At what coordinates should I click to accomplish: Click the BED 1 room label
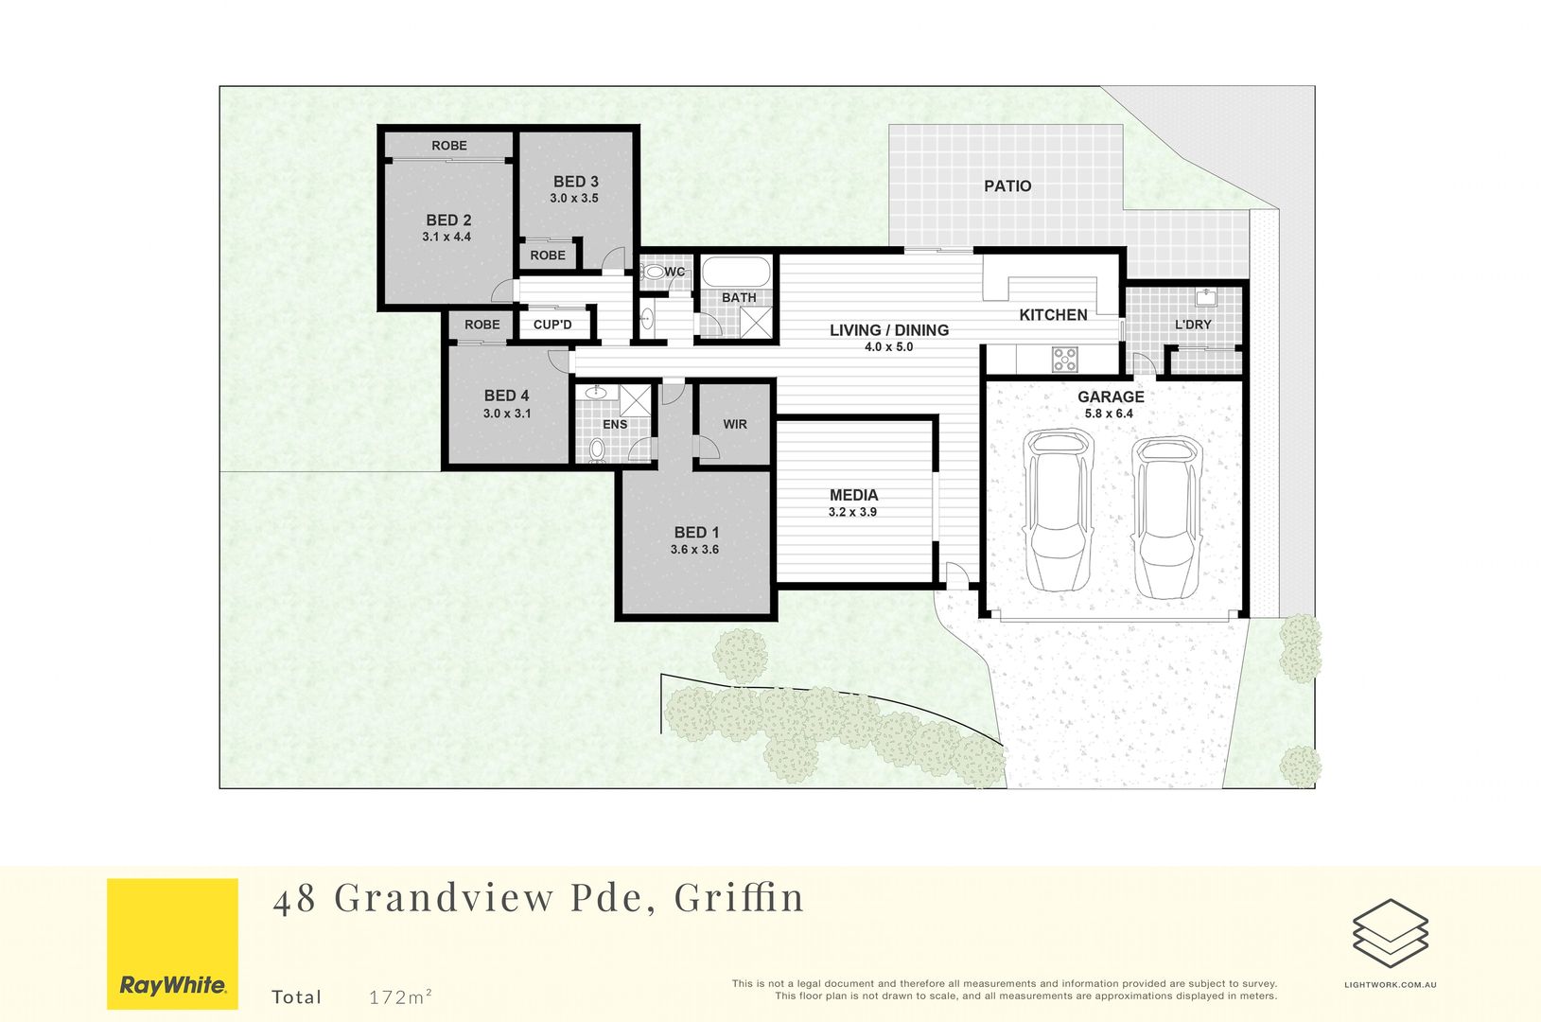696,533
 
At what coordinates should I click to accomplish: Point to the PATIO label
1007,186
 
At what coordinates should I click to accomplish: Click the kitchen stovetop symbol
1065,360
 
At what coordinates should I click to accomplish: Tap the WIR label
735,424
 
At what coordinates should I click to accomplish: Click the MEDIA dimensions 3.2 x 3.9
852,512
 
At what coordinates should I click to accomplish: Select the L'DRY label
1193,325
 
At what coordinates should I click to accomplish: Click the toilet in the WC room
653,273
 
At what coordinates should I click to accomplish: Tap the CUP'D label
552,325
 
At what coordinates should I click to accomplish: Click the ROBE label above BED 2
449,146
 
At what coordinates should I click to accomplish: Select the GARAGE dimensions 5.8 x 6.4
1109,414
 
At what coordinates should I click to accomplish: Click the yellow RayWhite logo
172,943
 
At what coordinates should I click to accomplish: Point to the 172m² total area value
401,996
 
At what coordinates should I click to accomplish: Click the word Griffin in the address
739,897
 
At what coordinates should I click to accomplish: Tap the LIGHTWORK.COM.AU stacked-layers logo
1390,934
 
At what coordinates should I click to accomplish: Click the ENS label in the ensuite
615,424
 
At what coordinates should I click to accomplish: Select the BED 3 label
575,182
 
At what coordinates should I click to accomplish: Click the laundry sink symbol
1206,298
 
